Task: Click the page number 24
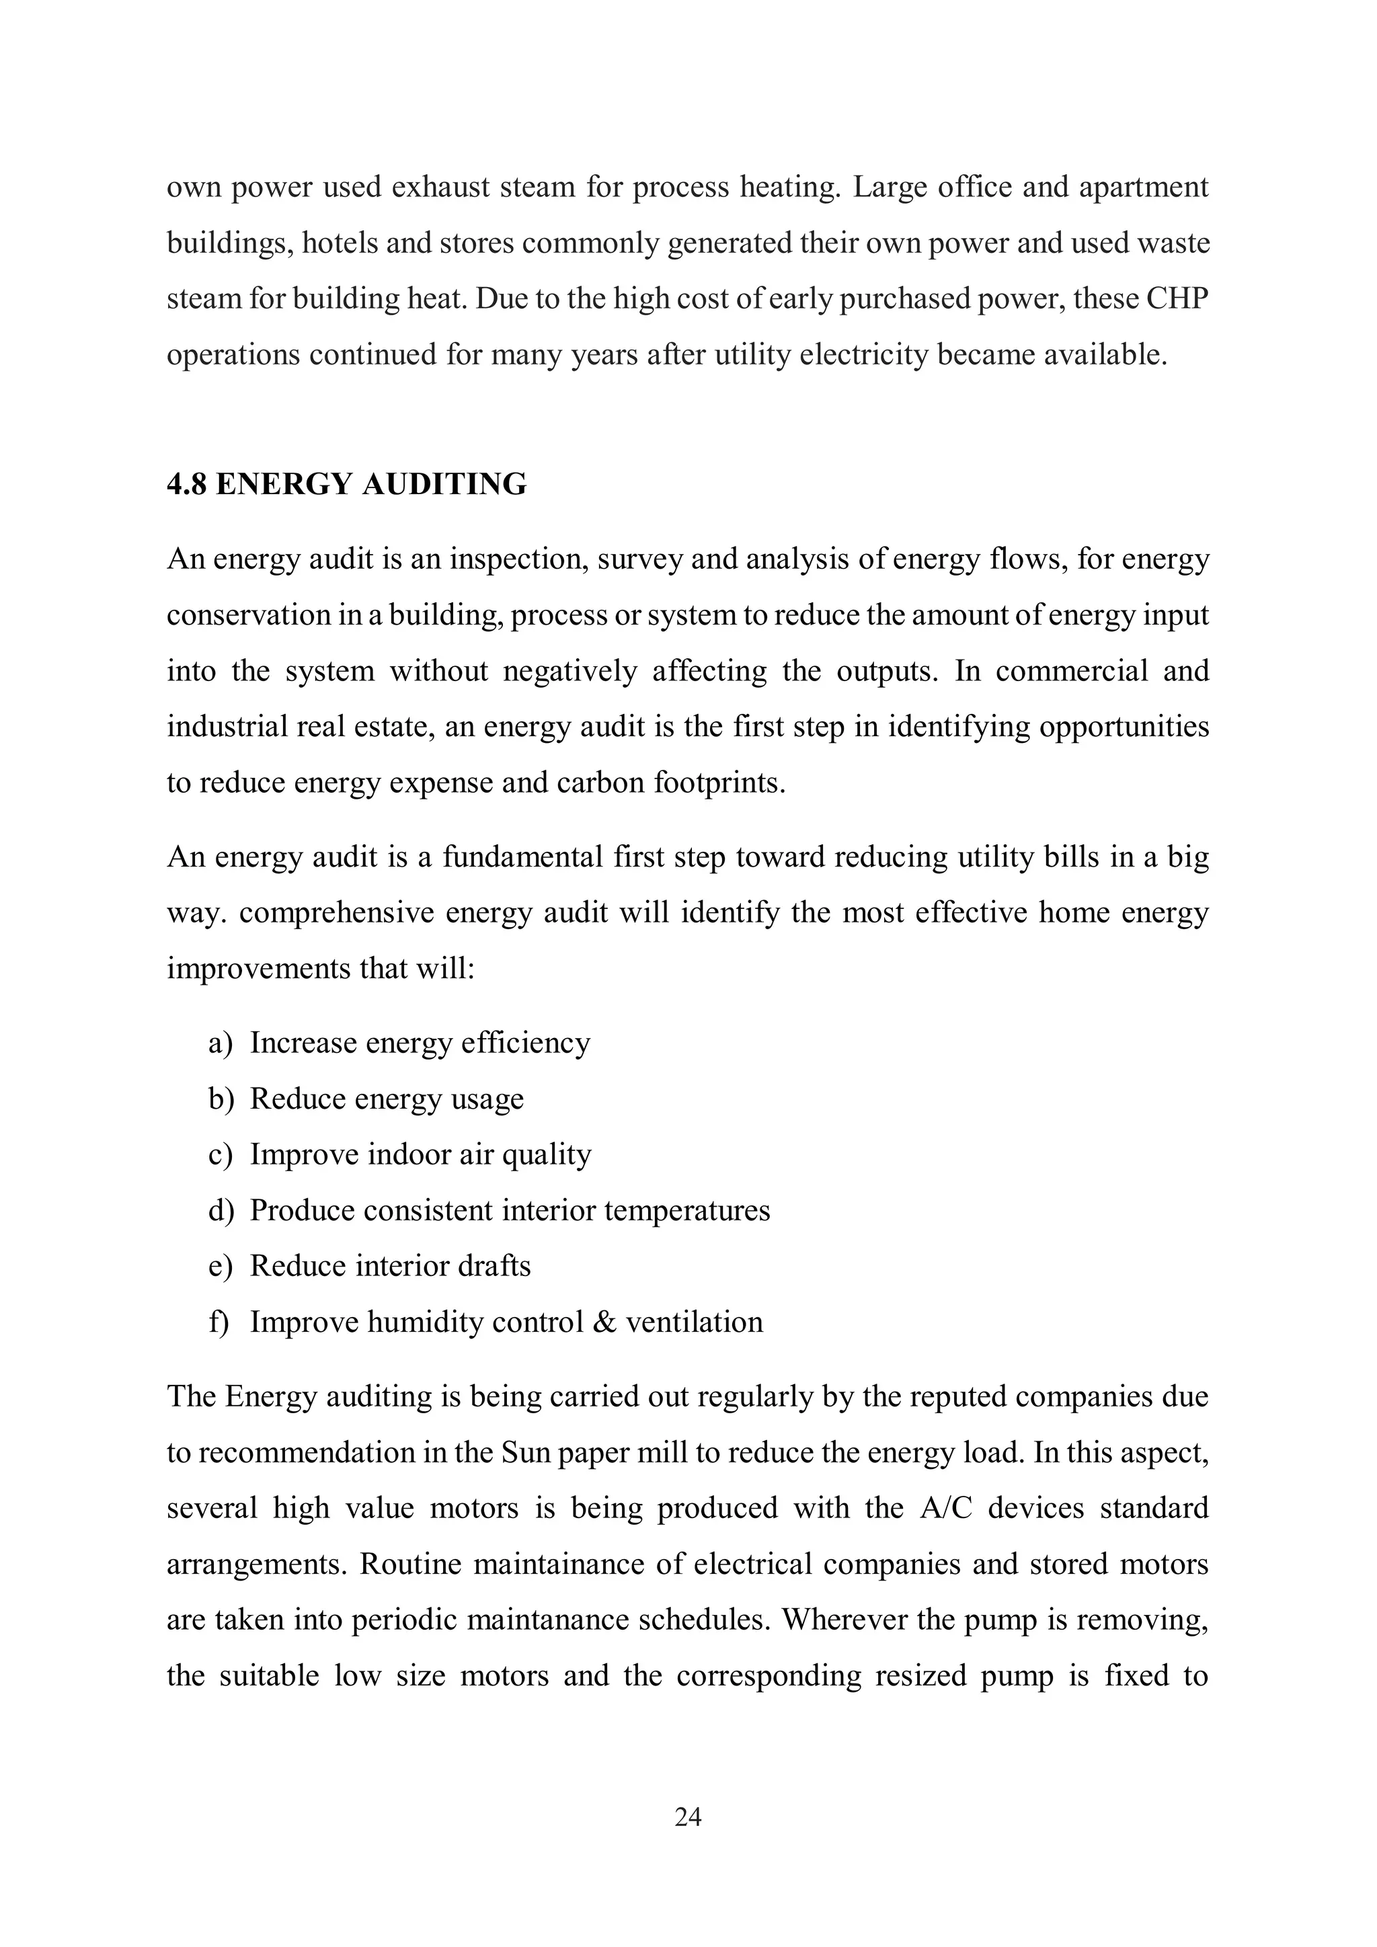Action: point(688,1817)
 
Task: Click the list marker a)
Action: point(220,1043)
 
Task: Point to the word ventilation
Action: point(695,1322)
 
